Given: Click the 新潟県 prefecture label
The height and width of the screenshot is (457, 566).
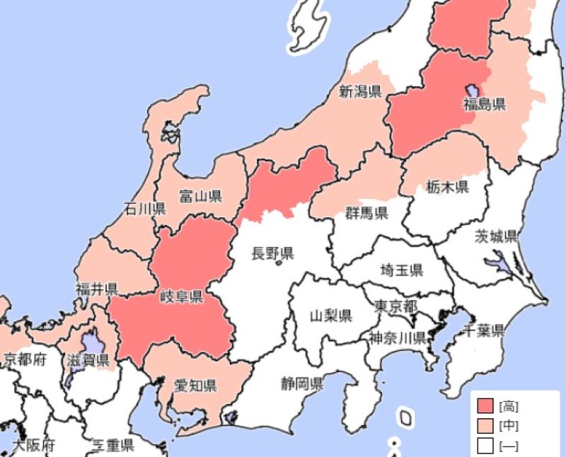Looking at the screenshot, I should (360, 91).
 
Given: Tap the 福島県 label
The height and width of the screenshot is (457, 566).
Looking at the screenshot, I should (485, 105).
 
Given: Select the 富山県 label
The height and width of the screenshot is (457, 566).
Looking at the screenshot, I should (201, 196).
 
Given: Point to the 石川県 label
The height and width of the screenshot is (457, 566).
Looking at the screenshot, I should (144, 209).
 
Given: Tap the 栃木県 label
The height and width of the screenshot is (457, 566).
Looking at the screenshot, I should (447, 187).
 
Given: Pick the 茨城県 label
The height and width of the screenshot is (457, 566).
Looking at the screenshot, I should (496, 236).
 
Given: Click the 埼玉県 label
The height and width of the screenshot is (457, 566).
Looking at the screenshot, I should (401, 270).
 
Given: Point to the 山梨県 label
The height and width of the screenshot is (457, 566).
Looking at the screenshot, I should (331, 316).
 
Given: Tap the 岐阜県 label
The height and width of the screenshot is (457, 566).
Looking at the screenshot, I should (182, 296).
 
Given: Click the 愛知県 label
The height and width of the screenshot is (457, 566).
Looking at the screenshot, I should (195, 386).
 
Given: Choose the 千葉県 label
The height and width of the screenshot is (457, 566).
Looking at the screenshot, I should (483, 330).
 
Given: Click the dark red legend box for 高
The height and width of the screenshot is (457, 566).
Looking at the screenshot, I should (485, 406).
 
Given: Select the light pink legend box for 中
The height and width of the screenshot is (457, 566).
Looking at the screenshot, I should (485, 426).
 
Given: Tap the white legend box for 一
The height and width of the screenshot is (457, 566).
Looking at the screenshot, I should (485, 446).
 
